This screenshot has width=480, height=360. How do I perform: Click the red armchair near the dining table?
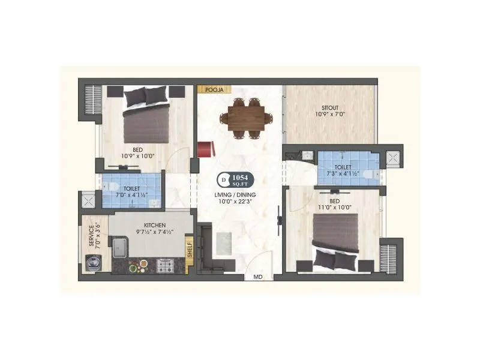tap(205, 148)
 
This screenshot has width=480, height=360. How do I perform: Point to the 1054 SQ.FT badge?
tap(239, 179)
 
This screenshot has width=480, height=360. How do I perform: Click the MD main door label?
tap(258, 277)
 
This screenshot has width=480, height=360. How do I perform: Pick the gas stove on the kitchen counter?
tap(165, 263)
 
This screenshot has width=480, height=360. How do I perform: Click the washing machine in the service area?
tap(93, 262)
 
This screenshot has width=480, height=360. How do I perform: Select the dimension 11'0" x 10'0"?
tap(335, 208)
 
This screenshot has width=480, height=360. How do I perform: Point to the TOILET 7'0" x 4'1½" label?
tap(131, 191)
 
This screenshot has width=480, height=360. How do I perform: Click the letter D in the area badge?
tap(224, 179)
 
